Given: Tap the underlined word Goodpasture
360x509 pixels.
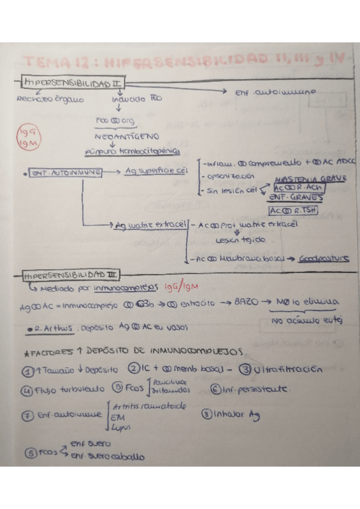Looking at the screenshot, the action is pos(323,259).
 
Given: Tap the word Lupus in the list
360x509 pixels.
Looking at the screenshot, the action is pos(119,427).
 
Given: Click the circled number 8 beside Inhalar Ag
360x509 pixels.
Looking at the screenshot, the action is pos(207,414).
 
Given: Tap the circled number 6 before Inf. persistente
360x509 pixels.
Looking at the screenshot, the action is pos(216,388).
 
